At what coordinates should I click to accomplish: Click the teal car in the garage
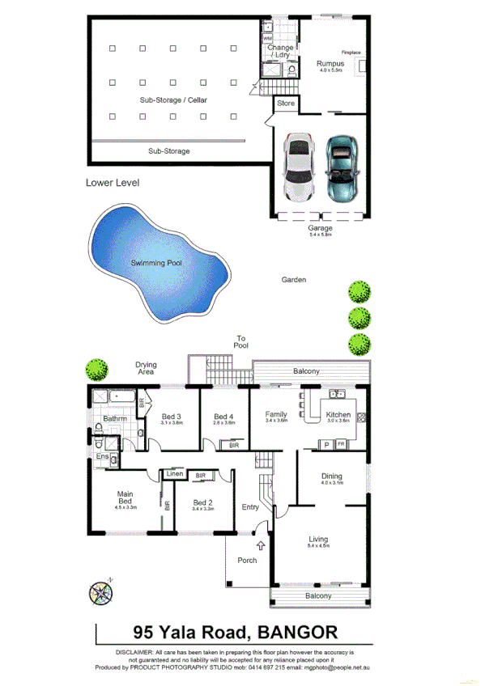pyautogui.click(x=341, y=169)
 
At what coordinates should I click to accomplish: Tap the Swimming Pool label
pyautogui.click(x=156, y=263)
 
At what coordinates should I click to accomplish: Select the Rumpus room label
pyautogui.click(x=330, y=63)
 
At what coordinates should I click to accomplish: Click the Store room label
pyautogui.click(x=286, y=104)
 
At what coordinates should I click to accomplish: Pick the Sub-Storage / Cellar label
pyautogui.click(x=173, y=100)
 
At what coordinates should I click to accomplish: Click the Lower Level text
pyautogui.click(x=113, y=183)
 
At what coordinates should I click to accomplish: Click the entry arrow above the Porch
pyautogui.click(x=261, y=547)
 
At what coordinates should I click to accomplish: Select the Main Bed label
pyautogui.click(x=125, y=498)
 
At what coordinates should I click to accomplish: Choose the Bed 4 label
pyautogui.click(x=224, y=417)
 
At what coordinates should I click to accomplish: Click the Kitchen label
pyautogui.click(x=338, y=415)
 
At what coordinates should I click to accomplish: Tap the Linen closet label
pyautogui.click(x=174, y=474)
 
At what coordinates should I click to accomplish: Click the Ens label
pyautogui.click(x=102, y=458)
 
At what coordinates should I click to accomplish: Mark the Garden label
pyautogui.click(x=293, y=280)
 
